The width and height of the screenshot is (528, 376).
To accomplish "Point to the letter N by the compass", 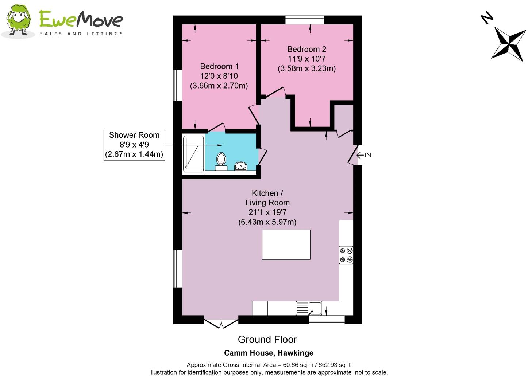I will (487, 18).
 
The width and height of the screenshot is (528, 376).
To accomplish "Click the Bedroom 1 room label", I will (219, 67).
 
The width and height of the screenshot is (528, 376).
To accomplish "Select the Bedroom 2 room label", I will (307, 49).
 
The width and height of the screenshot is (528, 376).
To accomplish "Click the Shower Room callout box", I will (134, 145).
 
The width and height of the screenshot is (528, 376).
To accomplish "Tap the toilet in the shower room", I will (221, 161).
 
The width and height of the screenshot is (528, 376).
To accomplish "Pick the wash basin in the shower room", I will (240, 167).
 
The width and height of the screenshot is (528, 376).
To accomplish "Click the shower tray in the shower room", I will (193, 154).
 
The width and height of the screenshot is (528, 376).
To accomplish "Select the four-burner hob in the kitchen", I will (346, 255).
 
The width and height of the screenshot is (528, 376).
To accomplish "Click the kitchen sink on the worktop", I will (309, 308).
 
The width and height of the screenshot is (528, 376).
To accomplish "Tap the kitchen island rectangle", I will (286, 244).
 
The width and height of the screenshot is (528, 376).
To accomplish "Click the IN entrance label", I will (367, 156).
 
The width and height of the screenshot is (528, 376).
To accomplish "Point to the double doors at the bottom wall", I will (221, 323).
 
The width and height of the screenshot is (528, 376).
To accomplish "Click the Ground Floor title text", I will (267, 340).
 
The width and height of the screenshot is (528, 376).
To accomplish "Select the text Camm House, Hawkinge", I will (269, 353).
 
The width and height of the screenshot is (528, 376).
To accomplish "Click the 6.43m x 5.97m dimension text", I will (267, 222).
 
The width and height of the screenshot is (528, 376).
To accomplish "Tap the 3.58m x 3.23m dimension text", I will (307, 68).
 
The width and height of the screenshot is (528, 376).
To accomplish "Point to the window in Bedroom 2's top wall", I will (304, 20).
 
